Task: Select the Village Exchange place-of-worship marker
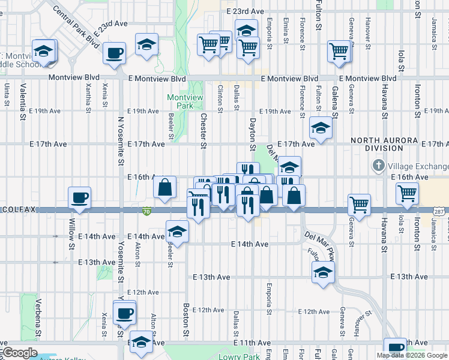point(378,165)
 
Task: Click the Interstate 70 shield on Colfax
point(146,211)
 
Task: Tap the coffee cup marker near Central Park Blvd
point(113,53)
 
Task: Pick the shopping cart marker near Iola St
point(407,193)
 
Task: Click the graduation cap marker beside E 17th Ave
point(321,128)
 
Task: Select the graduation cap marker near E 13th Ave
point(323,272)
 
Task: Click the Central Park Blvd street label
point(76,28)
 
